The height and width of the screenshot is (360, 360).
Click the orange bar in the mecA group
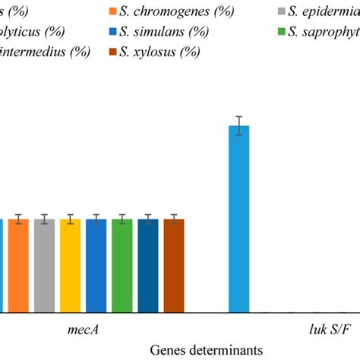tap(19, 266)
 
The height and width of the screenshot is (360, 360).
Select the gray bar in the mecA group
tap(45, 266)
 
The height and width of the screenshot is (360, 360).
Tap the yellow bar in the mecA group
tap(71, 266)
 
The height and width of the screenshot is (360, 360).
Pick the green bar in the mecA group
tap(122, 266)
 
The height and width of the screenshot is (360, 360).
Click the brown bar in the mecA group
tap(174, 266)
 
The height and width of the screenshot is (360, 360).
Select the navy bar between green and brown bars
tap(148, 266)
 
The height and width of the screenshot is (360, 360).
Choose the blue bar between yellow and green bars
tap(96, 266)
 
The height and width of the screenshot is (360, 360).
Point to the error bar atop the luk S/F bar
tap(239, 125)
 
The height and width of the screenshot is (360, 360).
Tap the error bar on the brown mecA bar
tap(174, 219)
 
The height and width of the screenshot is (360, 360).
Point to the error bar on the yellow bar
tap(71, 219)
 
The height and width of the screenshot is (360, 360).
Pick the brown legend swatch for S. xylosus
tap(113, 51)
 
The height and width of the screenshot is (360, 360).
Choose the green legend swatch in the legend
tap(280, 31)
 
